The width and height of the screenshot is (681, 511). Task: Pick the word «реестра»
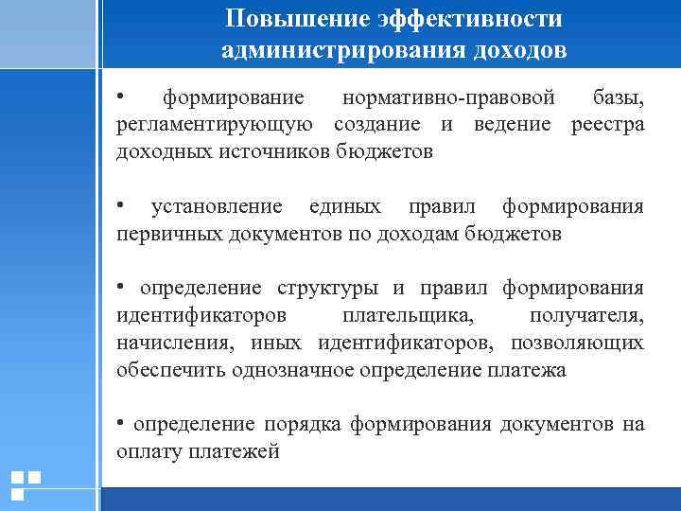click(x=607, y=125)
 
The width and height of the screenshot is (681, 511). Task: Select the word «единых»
click(x=346, y=206)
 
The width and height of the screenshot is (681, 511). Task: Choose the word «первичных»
click(x=168, y=233)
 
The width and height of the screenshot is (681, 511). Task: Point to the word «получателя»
click(x=586, y=314)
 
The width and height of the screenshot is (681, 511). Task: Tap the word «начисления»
click(x=165, y=342)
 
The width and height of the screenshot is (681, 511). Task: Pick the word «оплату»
click(x=146, y=451)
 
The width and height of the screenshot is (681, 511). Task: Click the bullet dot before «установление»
click(x=121, y=203)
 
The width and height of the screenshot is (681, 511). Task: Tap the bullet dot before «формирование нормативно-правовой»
click(x=121, y=95)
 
